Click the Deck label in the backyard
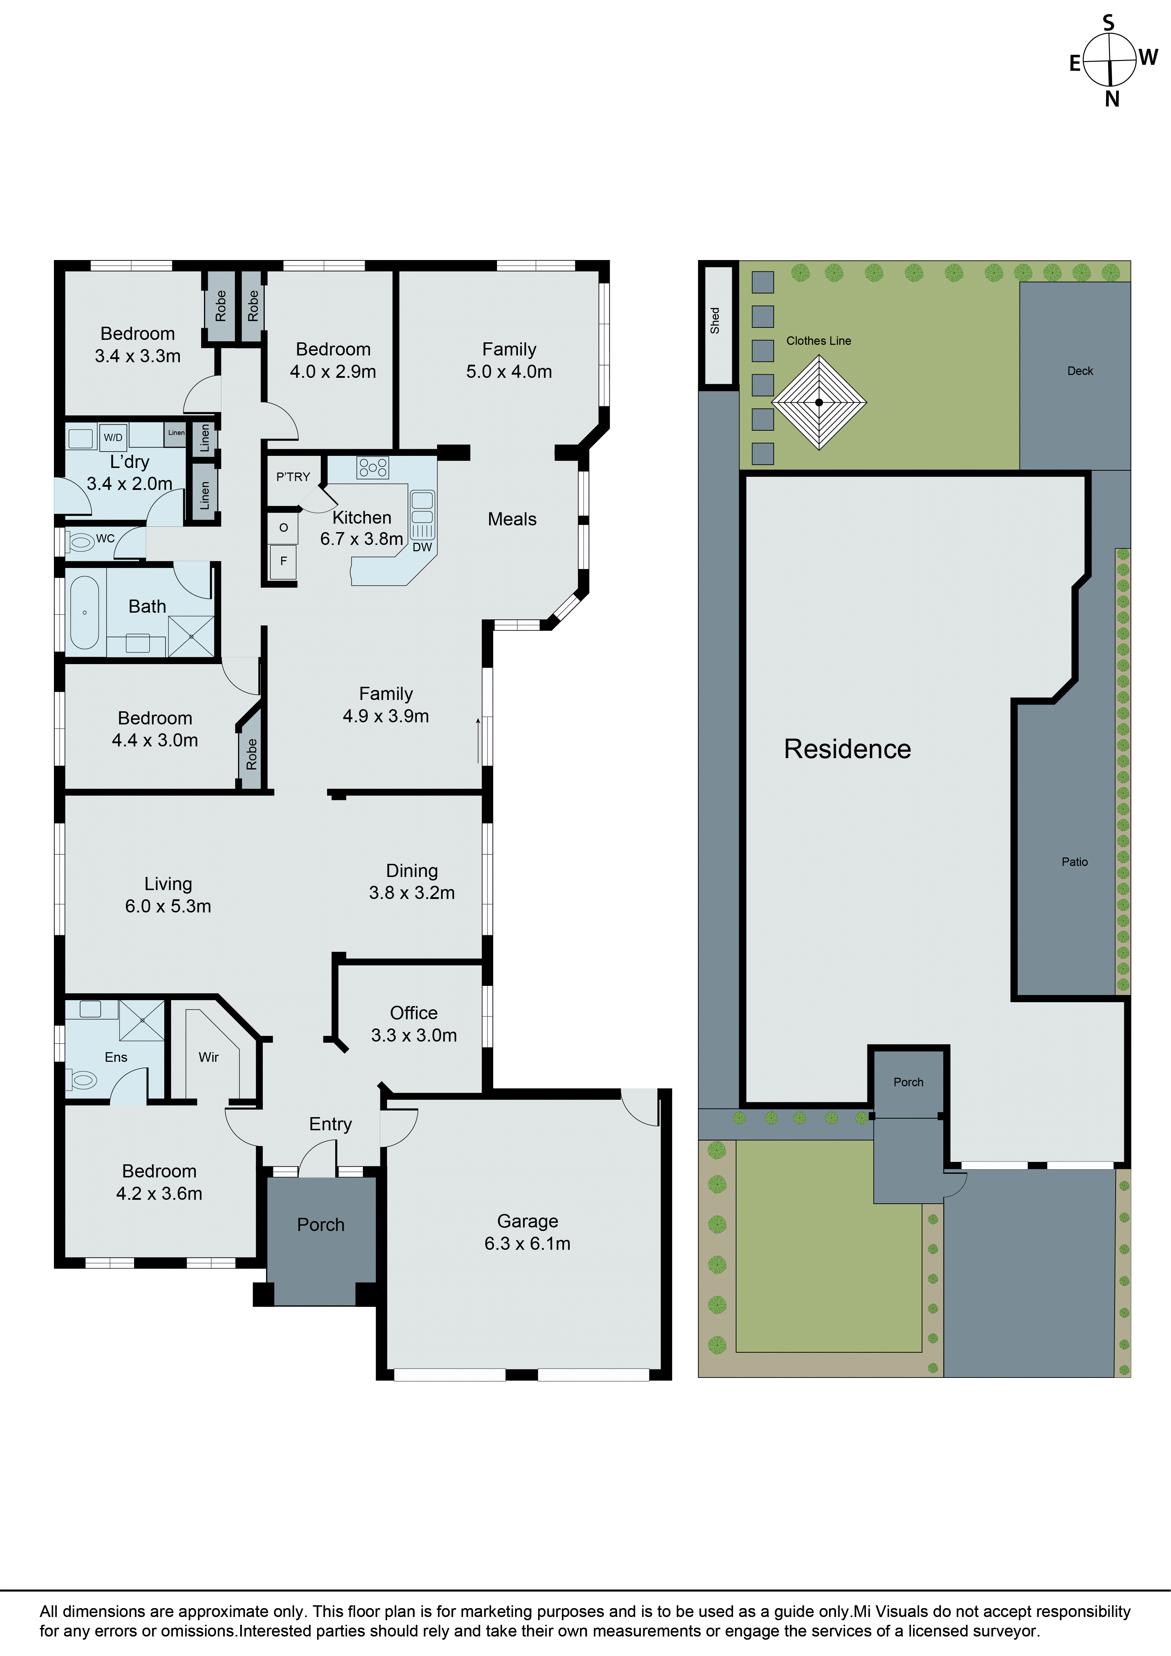1079,371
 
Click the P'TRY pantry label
293,477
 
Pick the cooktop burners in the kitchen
373,467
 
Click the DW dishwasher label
422,547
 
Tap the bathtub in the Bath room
84,612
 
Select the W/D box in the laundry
113,437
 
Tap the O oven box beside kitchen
283,528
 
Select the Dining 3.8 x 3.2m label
412,881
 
